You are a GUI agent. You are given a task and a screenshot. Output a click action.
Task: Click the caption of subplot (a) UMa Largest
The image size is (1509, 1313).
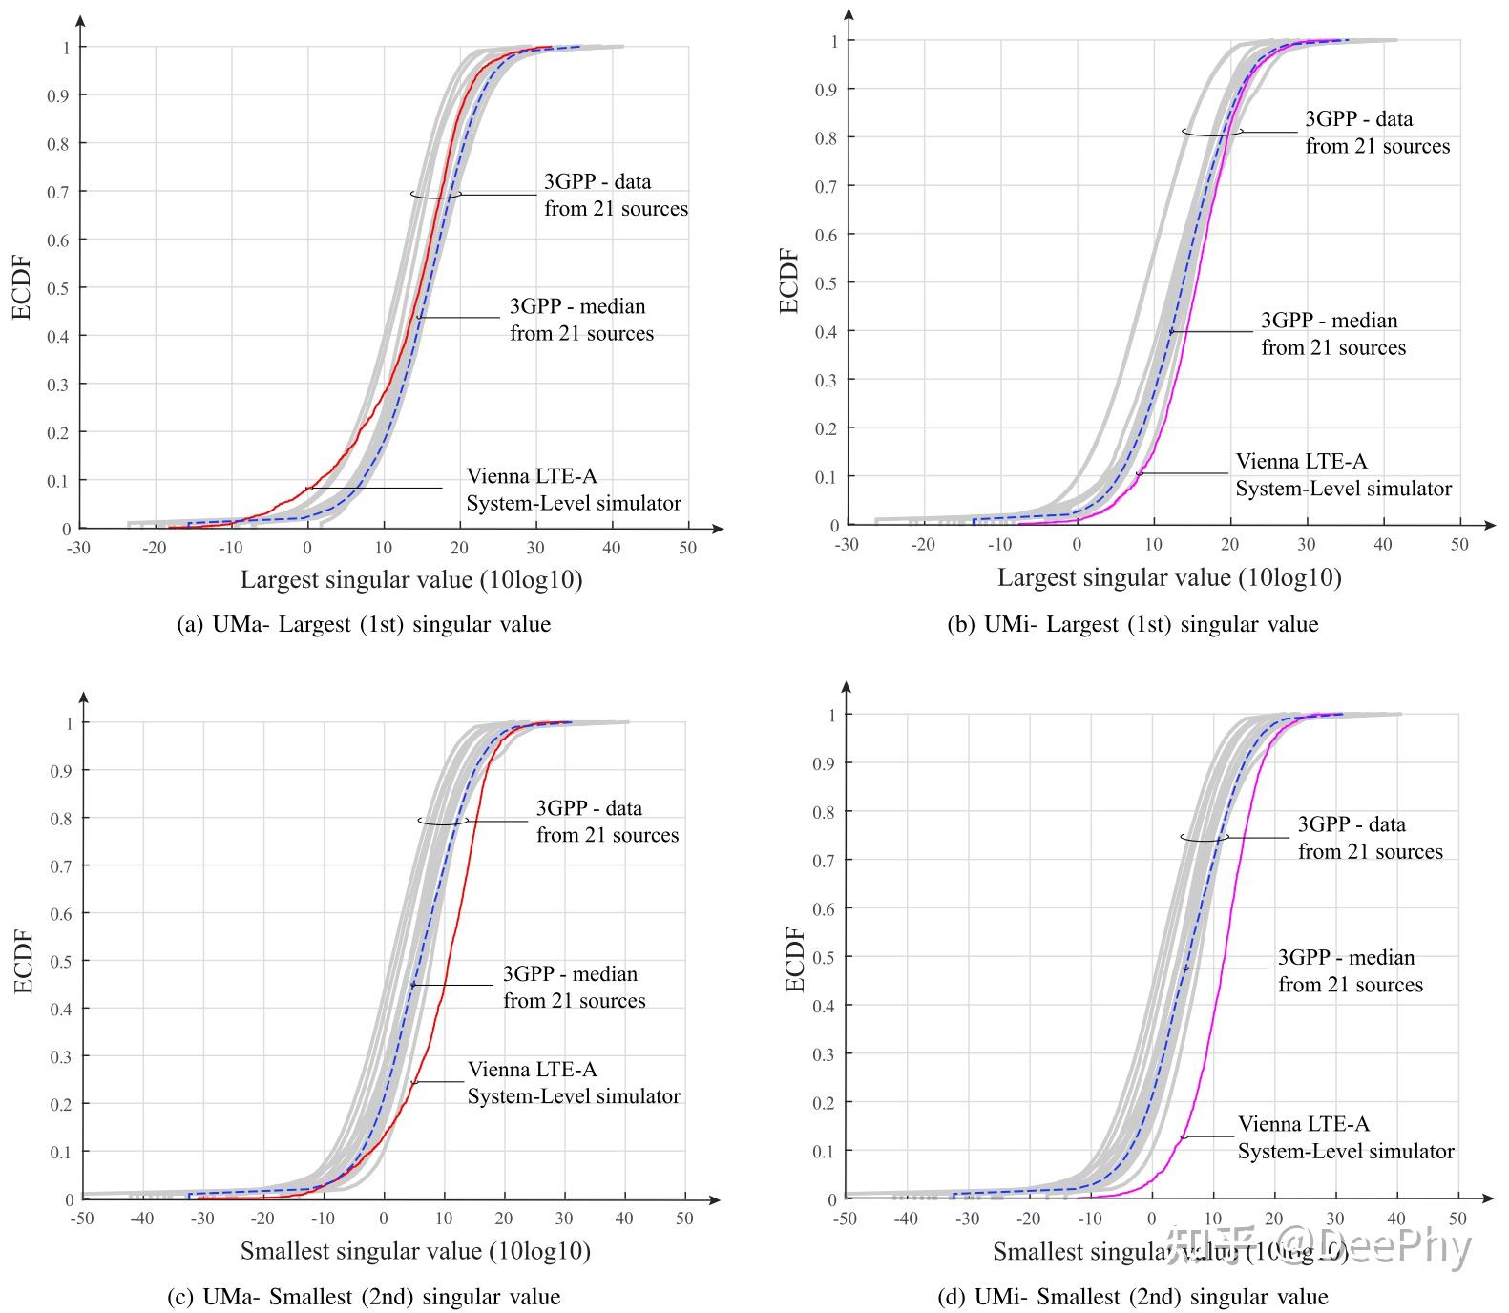364,625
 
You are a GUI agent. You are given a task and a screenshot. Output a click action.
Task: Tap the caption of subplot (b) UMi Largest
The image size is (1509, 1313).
1132,625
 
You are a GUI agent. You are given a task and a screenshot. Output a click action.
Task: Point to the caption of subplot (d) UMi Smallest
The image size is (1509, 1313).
1133,1297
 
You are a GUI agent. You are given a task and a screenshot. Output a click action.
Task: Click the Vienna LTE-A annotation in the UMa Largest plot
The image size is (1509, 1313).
573,490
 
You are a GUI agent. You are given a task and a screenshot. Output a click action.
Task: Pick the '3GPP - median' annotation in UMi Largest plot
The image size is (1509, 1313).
1332,334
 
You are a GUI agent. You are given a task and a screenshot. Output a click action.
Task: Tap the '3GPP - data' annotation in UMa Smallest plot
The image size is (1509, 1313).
607,822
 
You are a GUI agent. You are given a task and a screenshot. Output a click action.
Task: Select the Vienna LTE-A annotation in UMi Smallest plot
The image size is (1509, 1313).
1345,1137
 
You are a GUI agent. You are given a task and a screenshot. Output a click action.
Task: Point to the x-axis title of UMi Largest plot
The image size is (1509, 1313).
1169,577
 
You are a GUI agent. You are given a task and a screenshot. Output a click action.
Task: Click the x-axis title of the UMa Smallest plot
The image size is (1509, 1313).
414,1250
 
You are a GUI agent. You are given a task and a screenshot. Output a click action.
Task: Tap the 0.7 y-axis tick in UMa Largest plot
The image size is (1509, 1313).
66,192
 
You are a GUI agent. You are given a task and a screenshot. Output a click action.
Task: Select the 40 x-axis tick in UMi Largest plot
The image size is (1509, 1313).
1383,544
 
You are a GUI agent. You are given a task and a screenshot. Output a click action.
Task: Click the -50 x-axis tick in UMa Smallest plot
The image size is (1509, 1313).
83,1219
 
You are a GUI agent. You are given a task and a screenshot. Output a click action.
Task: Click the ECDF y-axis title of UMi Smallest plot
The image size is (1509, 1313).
795,958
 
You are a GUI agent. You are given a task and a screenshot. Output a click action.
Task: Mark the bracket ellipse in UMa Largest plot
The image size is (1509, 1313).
436,194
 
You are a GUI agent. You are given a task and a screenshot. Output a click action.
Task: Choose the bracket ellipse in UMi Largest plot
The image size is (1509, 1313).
1212,132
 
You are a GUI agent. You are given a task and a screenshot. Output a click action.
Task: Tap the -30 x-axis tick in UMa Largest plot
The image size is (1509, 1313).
78,548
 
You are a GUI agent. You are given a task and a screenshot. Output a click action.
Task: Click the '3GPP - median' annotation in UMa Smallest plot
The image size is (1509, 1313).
574,988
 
